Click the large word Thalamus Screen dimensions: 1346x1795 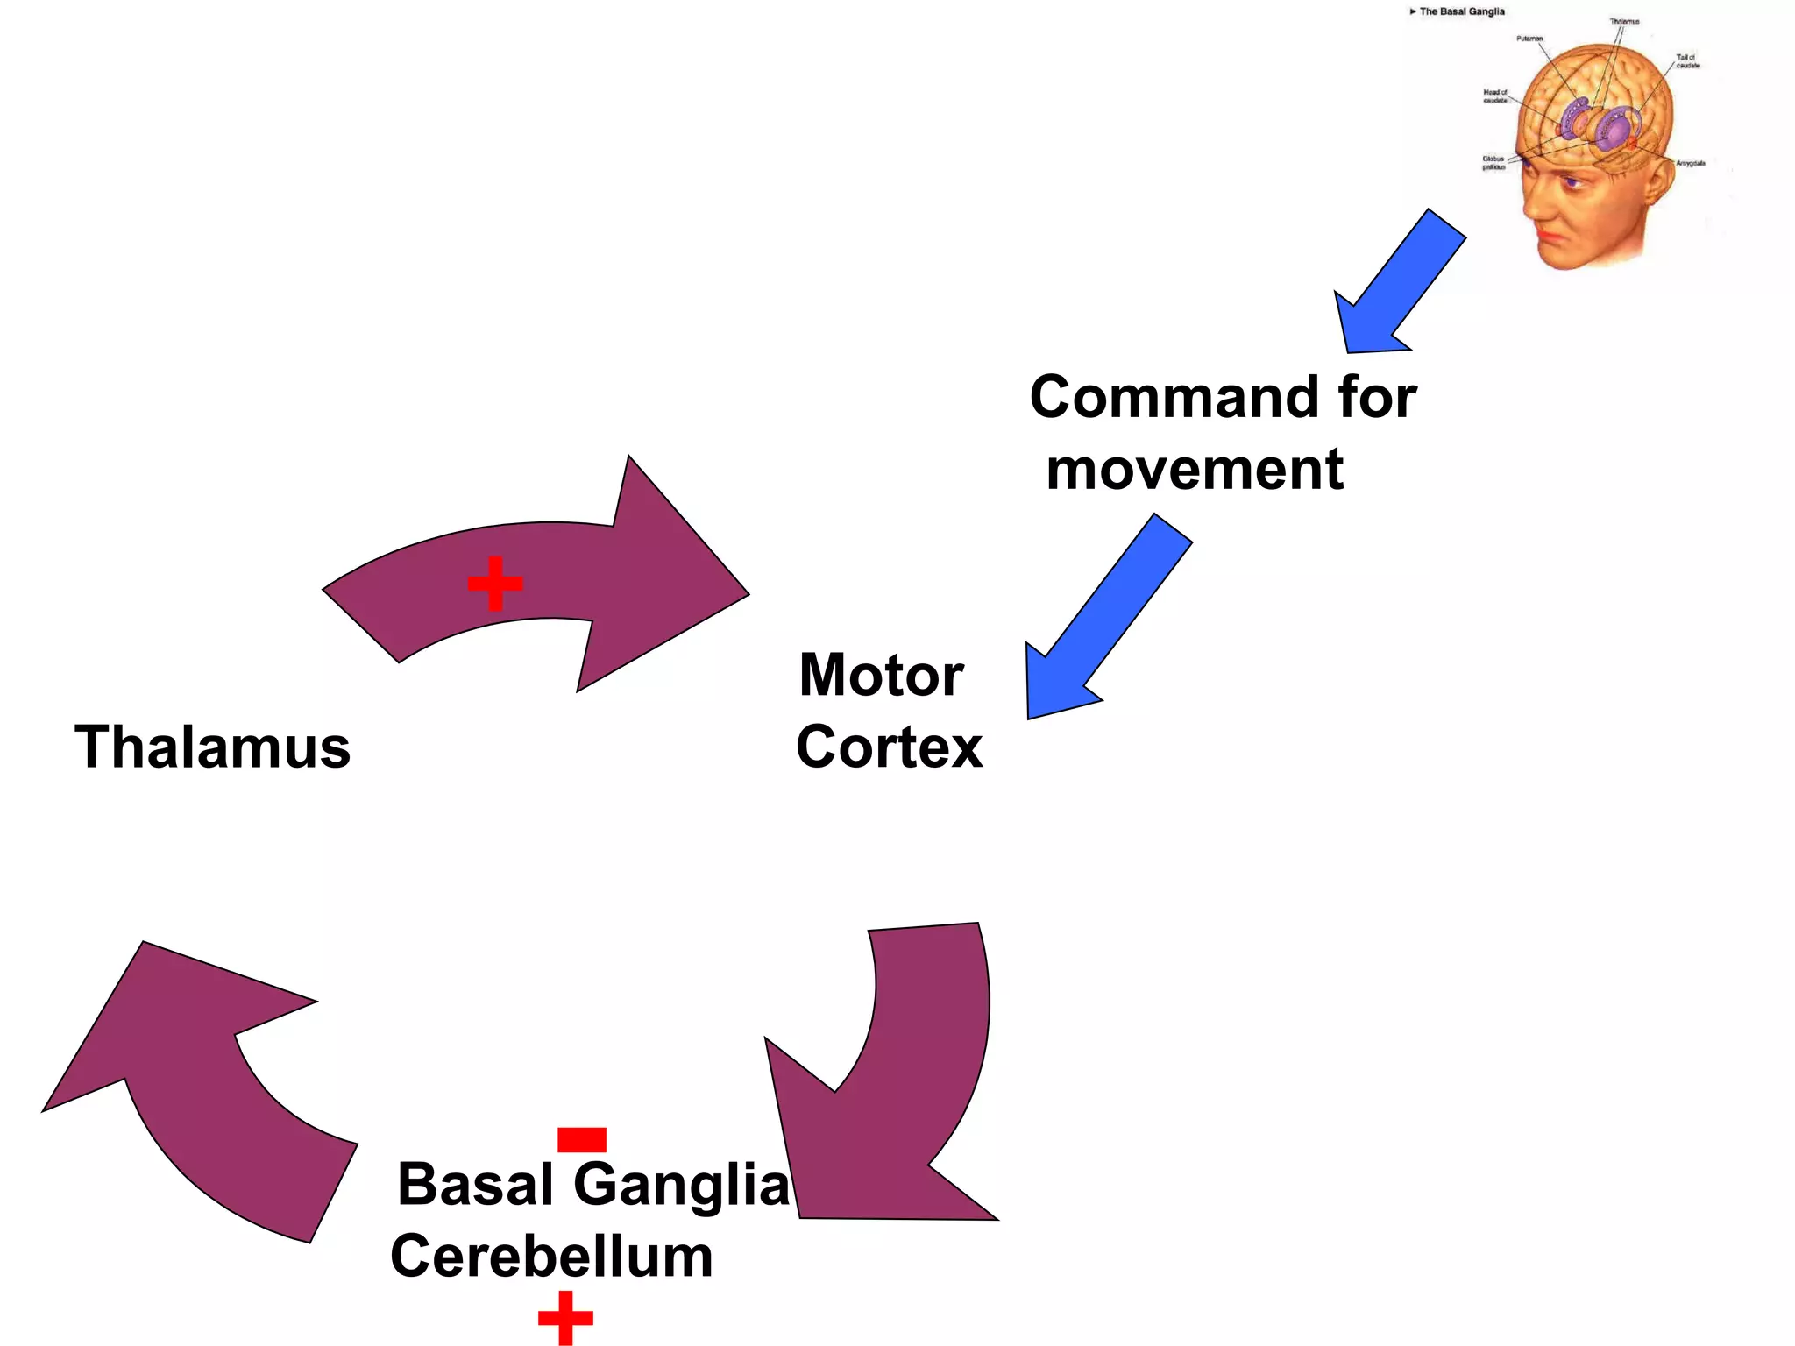[x=212, y=747]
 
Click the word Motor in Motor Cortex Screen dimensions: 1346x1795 [x=881, y=676]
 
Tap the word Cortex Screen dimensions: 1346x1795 [x=889, y=747]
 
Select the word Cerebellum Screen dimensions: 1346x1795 [x=551, y=1256]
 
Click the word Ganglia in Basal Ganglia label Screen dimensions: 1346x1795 [x=681, y=1184]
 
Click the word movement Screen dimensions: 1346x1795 [x=1195, y=470]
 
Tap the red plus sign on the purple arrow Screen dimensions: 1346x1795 [x=495, y=583]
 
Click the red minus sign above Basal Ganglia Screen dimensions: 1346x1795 [x=582, y=1139]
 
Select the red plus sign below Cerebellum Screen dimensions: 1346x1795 [x=565, y=1317]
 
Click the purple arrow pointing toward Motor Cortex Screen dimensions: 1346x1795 [x=561, y=578]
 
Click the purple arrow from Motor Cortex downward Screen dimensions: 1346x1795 [x=903, y=1095]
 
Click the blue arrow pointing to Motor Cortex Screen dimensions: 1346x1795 [x=1104, y=622]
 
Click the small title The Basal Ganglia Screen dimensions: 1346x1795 [x=1461, y=11]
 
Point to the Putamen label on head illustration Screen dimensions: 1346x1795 [x=1529, y=39]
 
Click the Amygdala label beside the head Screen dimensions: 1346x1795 [x=1691, y=163]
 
